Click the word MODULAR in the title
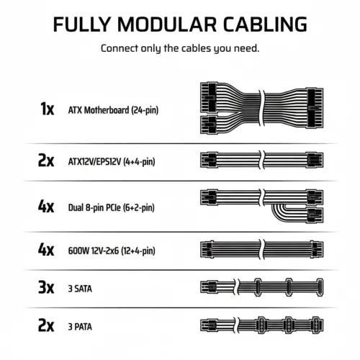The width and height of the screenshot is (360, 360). coord(167,24)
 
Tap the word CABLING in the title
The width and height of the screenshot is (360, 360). coord(265,24)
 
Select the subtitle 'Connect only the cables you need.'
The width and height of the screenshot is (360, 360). coord(180,48)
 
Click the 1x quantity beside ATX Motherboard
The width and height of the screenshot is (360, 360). coord(48,109)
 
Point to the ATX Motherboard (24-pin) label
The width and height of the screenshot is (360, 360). coord(113,110)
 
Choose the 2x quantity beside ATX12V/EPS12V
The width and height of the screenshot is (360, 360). coord(46,161)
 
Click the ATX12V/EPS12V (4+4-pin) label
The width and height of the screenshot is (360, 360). coord(112,161)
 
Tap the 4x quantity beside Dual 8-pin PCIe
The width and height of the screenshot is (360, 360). coord(46,206)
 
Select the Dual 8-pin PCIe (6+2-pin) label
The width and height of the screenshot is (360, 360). coord(112,207)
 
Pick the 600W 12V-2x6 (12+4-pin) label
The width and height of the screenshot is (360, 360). coord(112,251)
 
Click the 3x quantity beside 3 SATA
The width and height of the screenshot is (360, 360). coord(46,287)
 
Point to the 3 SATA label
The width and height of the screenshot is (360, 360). coord(80,289)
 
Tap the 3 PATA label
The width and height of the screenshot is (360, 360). coord(80,327)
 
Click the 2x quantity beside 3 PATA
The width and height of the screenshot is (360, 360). coord(46,325)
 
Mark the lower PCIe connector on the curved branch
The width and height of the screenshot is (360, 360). coord(315,215)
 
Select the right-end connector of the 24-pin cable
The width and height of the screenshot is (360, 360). coord(315,108)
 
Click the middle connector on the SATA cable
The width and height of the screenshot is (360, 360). coord(289,287)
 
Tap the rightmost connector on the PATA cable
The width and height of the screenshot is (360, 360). coord(318,325)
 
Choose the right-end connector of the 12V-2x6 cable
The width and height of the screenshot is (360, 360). coord(317,249)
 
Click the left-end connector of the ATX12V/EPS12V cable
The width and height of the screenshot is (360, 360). coord(209,160)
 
